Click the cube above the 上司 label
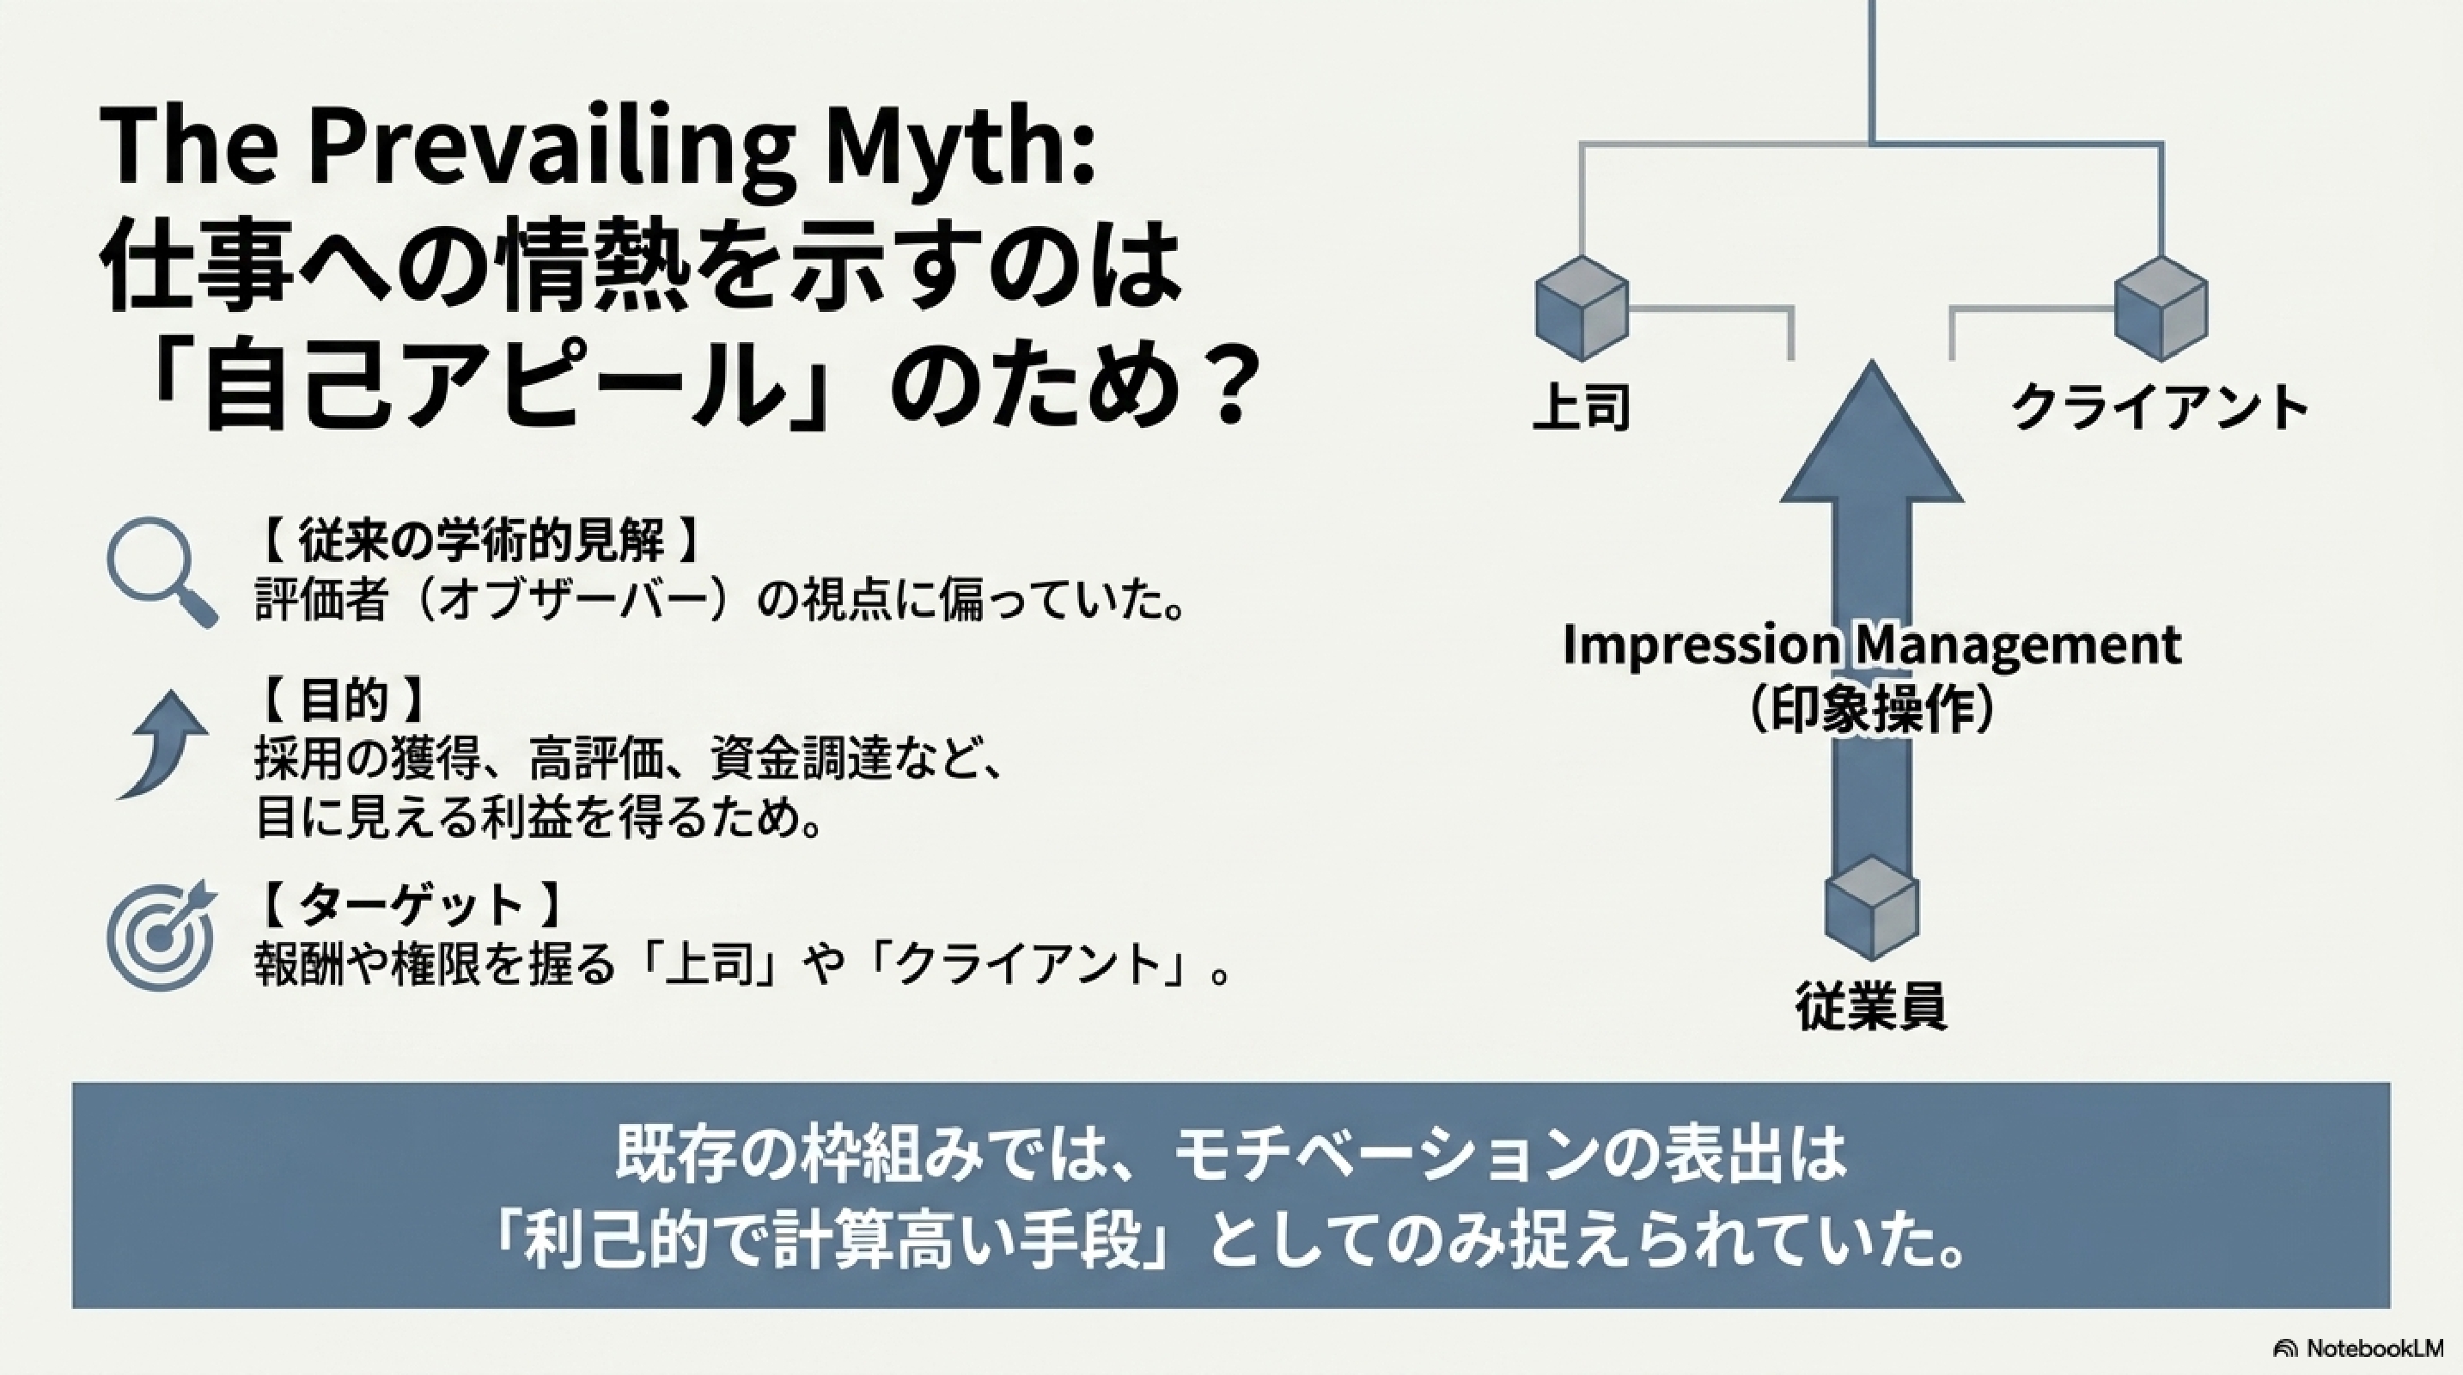[x=1582, y=308]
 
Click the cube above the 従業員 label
[x=1871, y=908]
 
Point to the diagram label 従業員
[x=1871, y=1006]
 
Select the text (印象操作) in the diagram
[x=1871, y=712]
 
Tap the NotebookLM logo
[x=2373, y=1348]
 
